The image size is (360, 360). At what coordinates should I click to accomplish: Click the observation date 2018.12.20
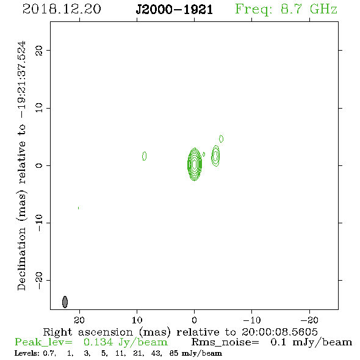pos(62,9)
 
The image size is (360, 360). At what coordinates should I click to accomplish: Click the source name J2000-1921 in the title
pos(175,10)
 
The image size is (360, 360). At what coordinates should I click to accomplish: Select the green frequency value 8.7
pos(291,9)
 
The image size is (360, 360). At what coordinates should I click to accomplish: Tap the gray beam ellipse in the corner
pos(65,301)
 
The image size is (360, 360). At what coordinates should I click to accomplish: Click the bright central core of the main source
pos(195,164)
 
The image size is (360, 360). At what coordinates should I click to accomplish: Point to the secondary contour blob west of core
pos(215,156)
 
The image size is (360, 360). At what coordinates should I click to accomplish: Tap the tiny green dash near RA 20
pos(79,208)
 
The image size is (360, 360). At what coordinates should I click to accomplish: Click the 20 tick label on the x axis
pos(79,320)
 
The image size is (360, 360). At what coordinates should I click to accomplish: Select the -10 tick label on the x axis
pos(252,320)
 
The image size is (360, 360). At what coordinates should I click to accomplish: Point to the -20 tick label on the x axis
pos(309,320)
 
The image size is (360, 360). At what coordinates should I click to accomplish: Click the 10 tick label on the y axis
pos(39,108)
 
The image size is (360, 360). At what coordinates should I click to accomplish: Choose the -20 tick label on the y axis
pos(39,281)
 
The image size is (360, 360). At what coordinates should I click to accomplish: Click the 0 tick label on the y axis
pos(39,165)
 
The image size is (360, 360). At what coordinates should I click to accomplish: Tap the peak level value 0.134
pos(98,342)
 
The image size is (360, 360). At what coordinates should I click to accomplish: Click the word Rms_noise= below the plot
pos(225,342)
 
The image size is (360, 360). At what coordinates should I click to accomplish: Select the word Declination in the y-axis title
pos(21,259)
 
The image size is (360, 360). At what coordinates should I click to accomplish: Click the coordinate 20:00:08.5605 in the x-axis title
pos(279,332)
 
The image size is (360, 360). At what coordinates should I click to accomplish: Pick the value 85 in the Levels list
pos(174,353)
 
